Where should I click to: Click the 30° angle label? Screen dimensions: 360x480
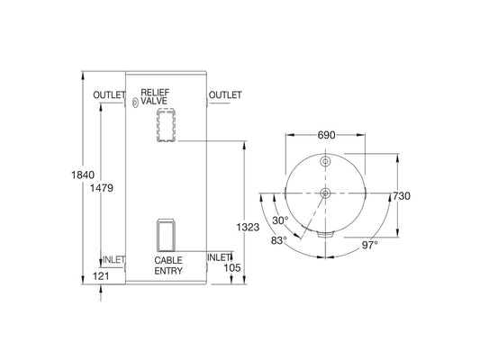click(280, 220)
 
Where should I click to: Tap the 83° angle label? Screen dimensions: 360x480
click(277, 240)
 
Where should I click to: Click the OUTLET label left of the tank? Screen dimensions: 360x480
click(108, 95)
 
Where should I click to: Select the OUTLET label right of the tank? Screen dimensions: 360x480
click(224, 95)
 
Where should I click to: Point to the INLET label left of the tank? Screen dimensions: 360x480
click(113, 260)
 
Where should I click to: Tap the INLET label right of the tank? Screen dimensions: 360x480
click(219, 256)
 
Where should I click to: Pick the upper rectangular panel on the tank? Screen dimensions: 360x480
click(166, 124)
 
